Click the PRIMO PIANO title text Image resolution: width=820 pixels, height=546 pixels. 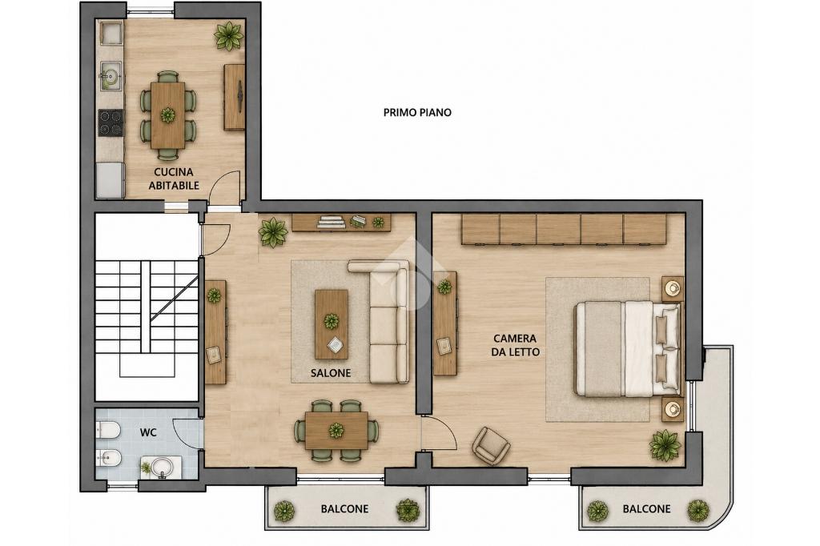click(416, 112)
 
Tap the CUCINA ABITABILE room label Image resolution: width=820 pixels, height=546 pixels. click(174, 179)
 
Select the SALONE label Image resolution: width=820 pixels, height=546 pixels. click(331, 373)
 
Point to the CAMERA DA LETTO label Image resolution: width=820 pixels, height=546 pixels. click(516, 345)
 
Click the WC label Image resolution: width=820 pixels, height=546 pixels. click(148, 432)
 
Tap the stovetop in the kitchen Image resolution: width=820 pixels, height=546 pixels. click(111, 123)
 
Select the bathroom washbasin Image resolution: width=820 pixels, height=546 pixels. click(162, 467)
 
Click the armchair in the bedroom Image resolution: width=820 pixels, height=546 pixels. click(491, 446)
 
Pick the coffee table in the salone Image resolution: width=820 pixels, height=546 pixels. click(331, 324)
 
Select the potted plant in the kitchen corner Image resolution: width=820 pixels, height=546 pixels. click(228, 35)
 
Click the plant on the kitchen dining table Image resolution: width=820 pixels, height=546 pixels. click(167, 114)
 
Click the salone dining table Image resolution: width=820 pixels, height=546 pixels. click(336, 431)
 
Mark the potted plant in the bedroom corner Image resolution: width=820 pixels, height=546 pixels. click(665, 446)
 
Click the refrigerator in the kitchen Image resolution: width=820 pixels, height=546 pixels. click(110, 180)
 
